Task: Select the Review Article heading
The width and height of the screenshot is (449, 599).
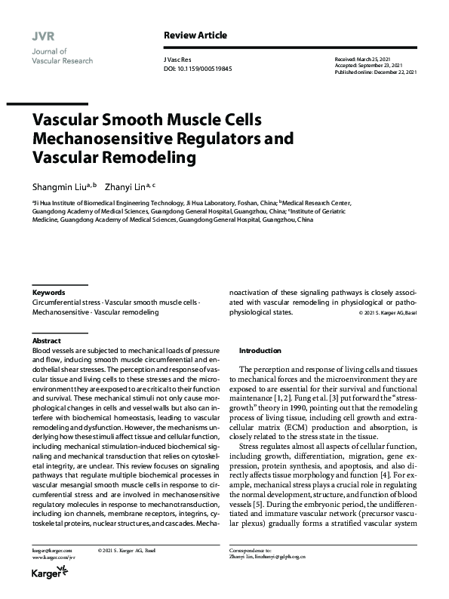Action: click(x=195, y=35)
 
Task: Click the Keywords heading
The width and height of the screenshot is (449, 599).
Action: click(x=48, y=292)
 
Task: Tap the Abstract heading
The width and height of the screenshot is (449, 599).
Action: click(x=47, y=341)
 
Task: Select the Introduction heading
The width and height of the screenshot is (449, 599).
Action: click(x=260, y=351)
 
